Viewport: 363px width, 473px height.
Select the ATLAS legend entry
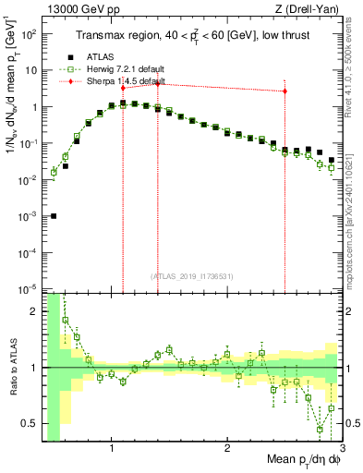(x=100, y=56)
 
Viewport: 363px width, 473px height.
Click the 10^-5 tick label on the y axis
(x=30, y=288)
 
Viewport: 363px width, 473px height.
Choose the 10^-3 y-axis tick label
(x=30, y=215)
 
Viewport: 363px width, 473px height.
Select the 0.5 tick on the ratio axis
(x=31, y=423)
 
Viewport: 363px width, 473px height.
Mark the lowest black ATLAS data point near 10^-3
(x=54, y=216)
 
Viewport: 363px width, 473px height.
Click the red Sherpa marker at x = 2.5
(x=284, y=91)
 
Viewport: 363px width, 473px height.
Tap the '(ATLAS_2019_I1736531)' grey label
(x=191, y=276)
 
